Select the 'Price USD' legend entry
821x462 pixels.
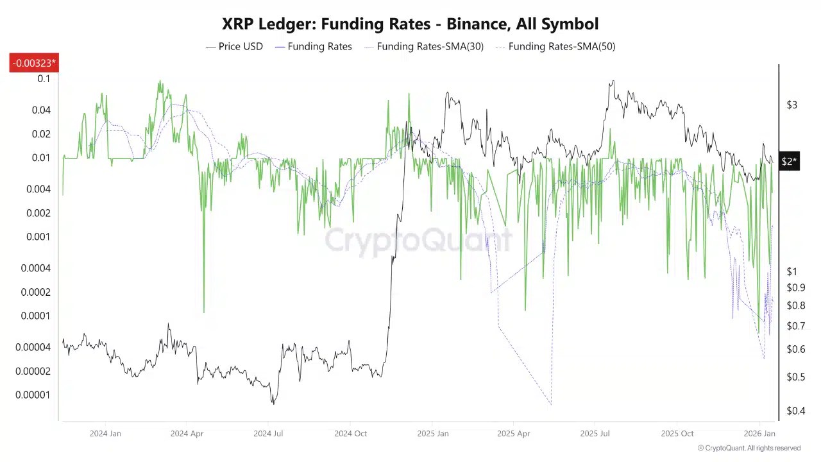click(x=234, y=46)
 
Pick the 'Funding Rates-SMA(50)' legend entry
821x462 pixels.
click(x=555, y=46)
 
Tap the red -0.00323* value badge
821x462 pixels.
click(x=34, y=63)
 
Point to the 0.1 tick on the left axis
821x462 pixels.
click(x=44, y=79)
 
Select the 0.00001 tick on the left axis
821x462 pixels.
click(x=33, y=395)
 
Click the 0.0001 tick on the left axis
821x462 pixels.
click(x=35, y=316)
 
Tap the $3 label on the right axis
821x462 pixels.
click(x=792, y=105)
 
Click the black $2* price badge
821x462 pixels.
click(x=789, y=162)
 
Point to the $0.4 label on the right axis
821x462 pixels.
click(x=796, y=411)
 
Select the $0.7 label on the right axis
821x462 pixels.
click(x=796, y=326)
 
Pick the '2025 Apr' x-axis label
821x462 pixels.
click(x=513, y=434)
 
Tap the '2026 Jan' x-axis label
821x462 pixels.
click(x=759, y=434)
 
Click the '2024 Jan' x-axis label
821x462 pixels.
click(x=105, y=434)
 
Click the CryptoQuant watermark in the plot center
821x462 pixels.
click(x=418, y=241)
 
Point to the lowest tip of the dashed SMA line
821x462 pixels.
click(x=551, y=405)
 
